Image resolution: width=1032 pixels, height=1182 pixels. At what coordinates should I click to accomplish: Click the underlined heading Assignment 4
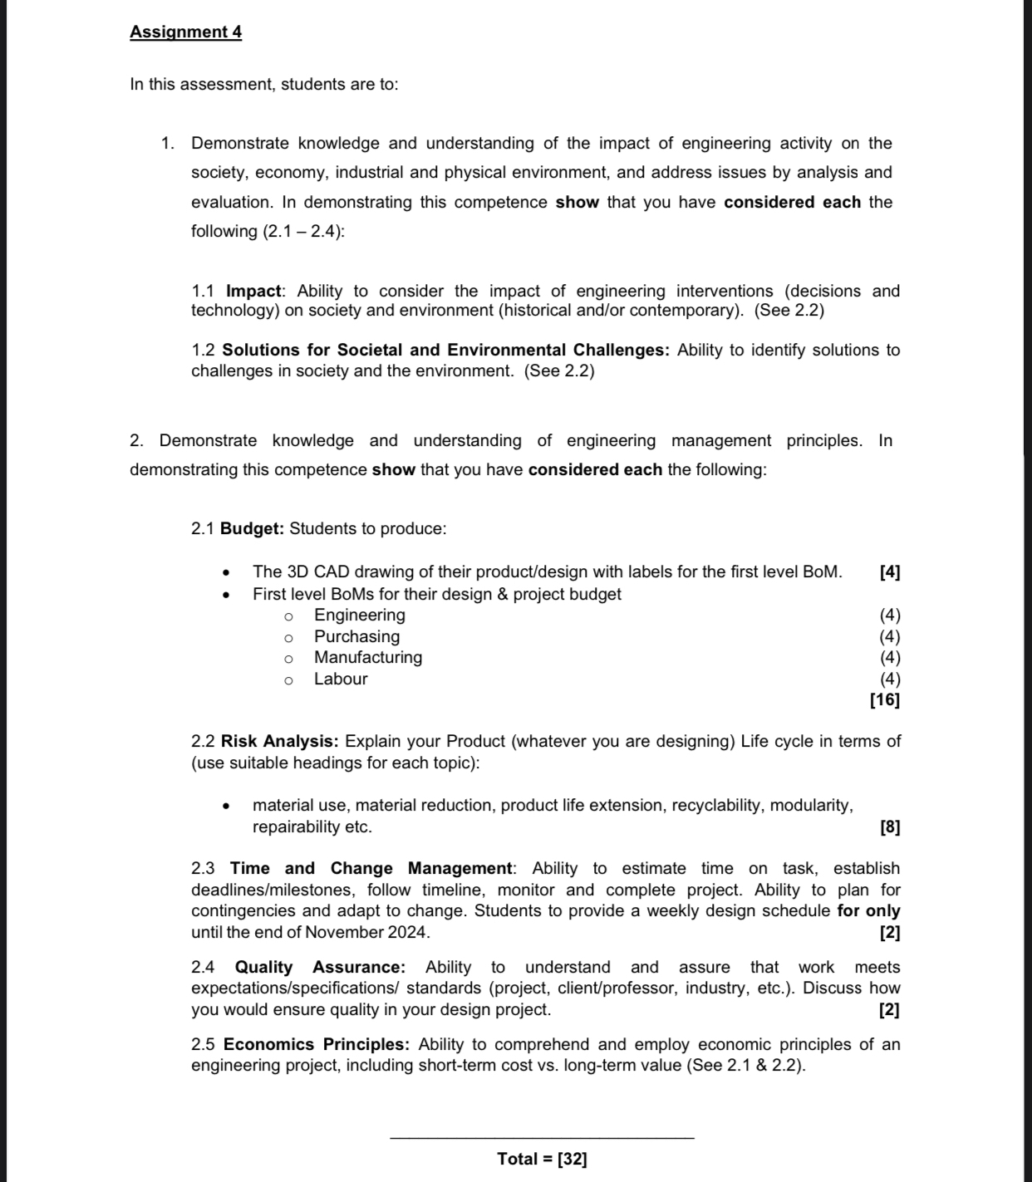185,32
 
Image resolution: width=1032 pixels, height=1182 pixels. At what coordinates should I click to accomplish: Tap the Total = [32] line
542,1159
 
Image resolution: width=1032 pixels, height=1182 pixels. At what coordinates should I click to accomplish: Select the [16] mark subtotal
885,699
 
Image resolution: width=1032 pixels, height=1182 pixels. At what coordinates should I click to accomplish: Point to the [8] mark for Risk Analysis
889,827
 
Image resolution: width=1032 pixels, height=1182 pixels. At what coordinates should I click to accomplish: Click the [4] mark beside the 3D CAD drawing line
889,571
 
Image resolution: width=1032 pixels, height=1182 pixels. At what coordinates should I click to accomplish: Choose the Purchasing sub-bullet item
356,636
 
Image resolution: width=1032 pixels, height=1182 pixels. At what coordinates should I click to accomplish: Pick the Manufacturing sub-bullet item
368,657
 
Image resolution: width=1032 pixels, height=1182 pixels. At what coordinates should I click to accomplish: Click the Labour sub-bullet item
341,679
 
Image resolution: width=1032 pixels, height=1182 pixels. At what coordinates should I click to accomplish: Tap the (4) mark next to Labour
890,679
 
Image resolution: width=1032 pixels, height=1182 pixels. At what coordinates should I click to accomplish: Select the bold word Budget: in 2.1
253,528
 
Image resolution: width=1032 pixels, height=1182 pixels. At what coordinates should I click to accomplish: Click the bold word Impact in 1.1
254,291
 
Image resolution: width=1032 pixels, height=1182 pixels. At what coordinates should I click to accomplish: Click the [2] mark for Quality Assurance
889,1010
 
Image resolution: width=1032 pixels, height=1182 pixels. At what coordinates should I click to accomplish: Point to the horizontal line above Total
542,1137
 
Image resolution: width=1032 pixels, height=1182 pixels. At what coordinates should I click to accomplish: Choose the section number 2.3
203,868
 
